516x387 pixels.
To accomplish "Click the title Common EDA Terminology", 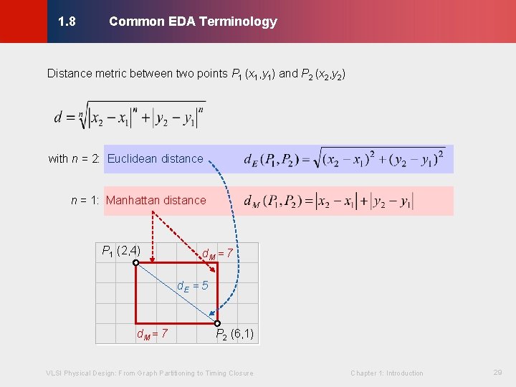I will (x=193, y=21).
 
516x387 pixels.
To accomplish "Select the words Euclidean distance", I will (x=155, y=159).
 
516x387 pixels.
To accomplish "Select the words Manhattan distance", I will (x=156, y=201).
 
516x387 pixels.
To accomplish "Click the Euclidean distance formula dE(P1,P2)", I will (x=344, y=159).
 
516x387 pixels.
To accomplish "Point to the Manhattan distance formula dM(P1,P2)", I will (x=328, y=201).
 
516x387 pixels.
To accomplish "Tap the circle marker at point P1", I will (x=135, y=263).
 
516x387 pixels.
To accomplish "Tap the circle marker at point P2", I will (x=217, y=323).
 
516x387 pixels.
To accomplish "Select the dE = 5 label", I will (x=193, y=286).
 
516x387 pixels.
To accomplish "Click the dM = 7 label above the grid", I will (x=218, y=253).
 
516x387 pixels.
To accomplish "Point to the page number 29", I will (x=498, y=373).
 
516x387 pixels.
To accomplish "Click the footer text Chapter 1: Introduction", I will (x=386, y=373).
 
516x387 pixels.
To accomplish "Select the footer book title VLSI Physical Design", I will (x=149, y=373).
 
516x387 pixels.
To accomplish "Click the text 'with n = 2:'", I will (x=75, y=159).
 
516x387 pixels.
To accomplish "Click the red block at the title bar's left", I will (x=23, y=21).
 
